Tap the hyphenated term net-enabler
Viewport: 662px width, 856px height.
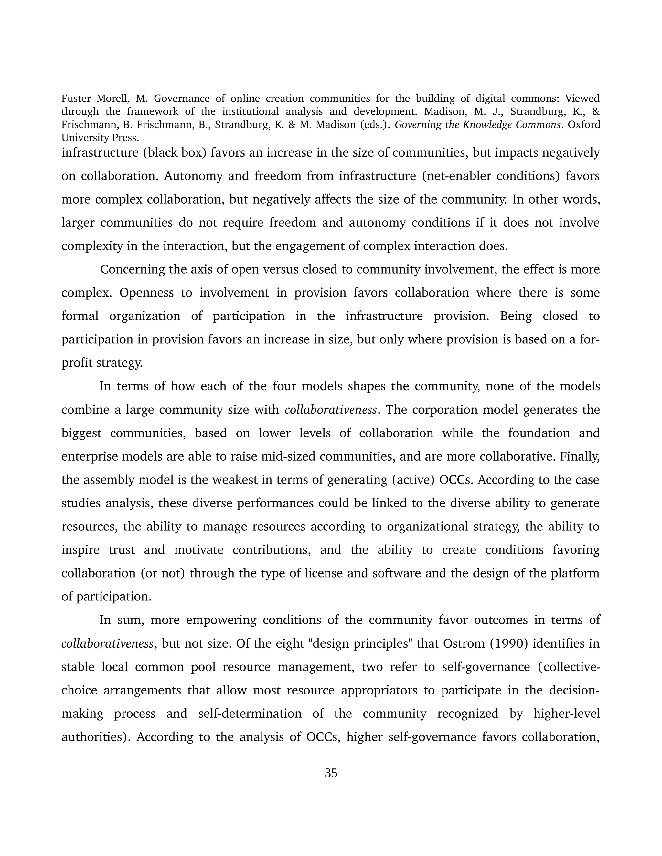tap(457, 176)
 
